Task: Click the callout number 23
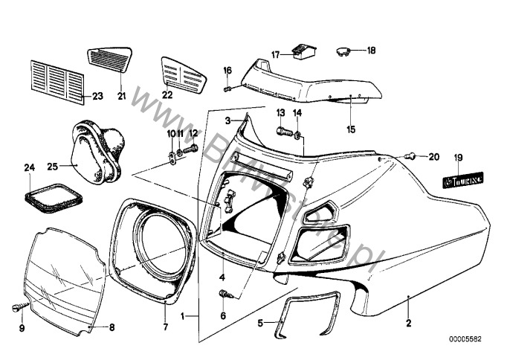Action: click(97, 96)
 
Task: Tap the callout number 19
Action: click(458, 157)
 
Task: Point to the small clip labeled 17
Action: click(303, 51)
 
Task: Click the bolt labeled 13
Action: click(283, 132)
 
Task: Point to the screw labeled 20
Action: click(410, 156)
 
